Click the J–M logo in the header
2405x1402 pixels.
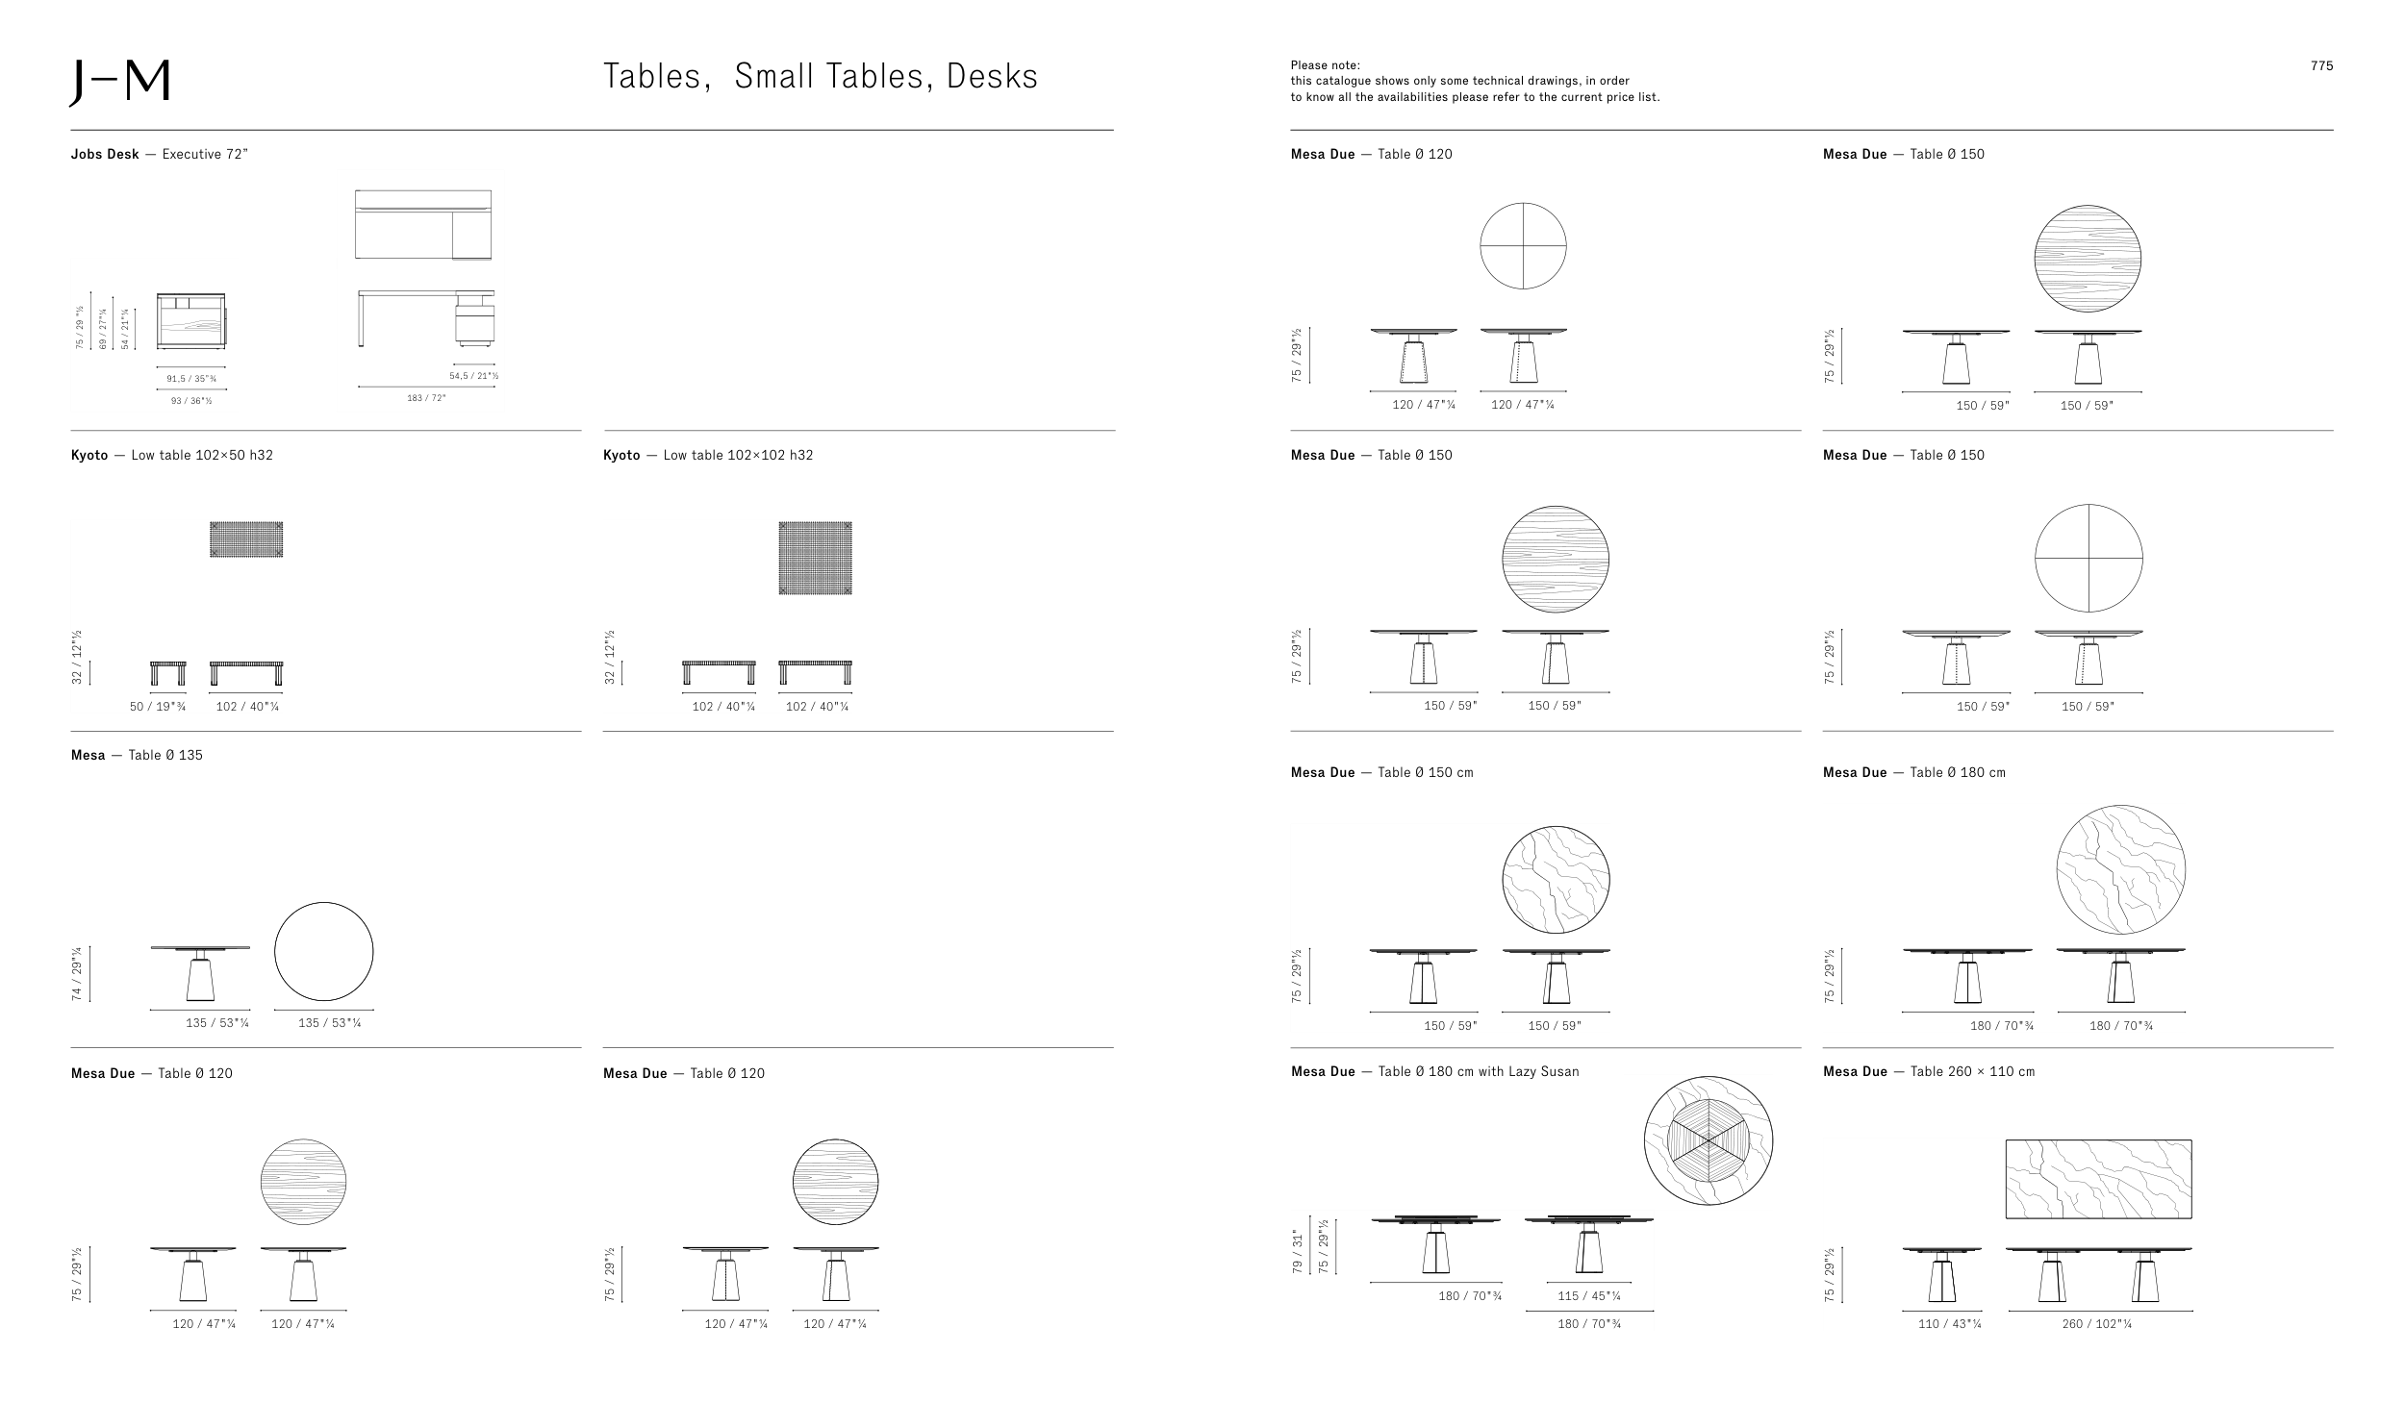[119, 84]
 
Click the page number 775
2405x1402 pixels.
[2321, 66]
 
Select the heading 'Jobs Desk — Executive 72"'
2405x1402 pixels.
[160, 154]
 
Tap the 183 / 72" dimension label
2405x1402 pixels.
[426, 398]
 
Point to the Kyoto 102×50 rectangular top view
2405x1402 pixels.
[246, 539]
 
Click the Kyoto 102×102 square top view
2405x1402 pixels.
[815, 558]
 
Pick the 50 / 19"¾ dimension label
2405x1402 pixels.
[158, 707]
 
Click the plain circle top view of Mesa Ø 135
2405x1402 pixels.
[324, 952]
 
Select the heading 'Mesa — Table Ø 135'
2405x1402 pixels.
[137, 755]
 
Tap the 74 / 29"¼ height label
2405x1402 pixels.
[77, 974]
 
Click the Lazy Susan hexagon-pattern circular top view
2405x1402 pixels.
[1708, 1140]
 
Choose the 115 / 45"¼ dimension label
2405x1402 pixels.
[1589, 1295]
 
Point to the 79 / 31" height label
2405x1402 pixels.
[1297, 1251]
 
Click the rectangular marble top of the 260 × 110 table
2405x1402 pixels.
[2098, 1179]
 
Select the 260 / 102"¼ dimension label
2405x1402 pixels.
[2097, 1324]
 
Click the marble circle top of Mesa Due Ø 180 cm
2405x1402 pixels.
[2120, 869]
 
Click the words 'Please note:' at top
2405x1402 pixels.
[1325, 65]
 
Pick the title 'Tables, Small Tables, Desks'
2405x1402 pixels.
[820, 77]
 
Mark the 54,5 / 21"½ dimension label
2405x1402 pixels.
[473, 376]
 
